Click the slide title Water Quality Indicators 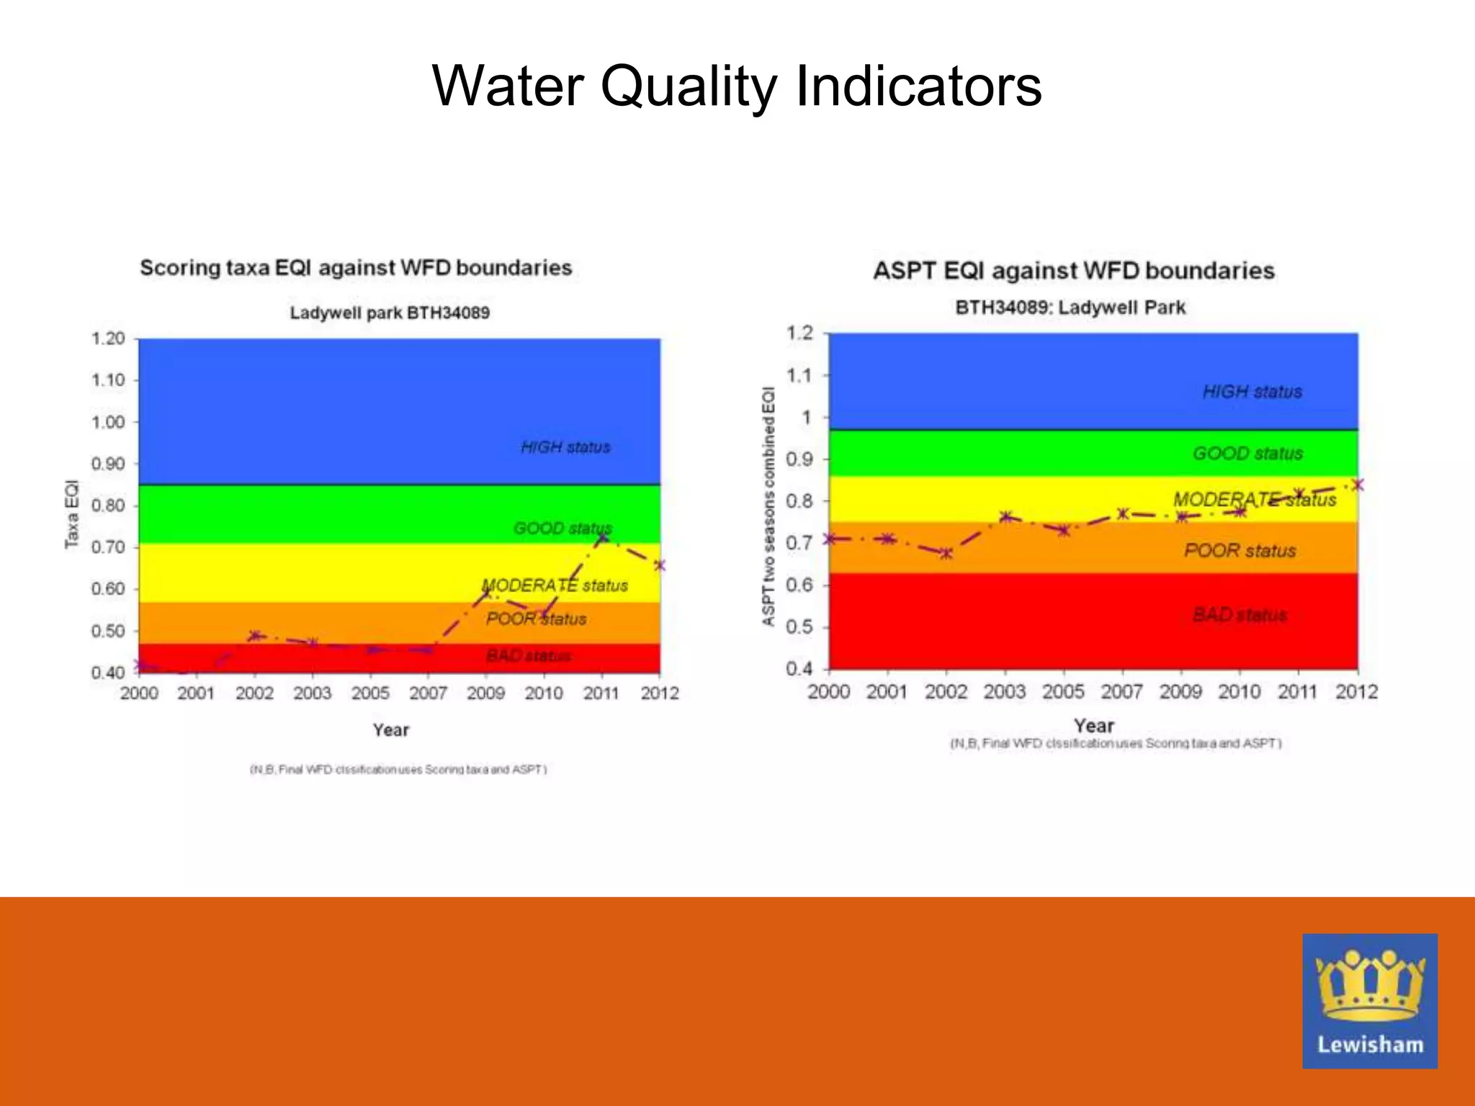(x=737, y=86)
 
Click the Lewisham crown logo (x=1369, y=1001)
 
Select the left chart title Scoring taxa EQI (x=356, y=268)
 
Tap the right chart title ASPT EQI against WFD (x=1073, y=271)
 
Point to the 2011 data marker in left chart (x=603, y=538)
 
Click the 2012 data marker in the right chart (x=1358, y=485)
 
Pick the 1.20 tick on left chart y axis (x=108, y=338)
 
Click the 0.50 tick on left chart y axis (x=108, y=631)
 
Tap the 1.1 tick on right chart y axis (x=799, y=375)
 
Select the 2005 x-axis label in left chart (x=370, y=693)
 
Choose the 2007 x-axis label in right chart (x=1121, y=691)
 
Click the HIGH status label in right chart (x=1252, y=392)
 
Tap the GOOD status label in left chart (x=562, y=529)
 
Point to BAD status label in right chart (x=1239, y=614)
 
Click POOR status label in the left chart (x=536, y=619)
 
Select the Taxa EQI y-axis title (x=71, y=513)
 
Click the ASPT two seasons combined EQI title (x=768, y=506)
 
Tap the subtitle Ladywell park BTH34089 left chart (x=390, y=313)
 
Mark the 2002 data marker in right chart (x=946, y=553)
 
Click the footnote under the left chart (x=398, y=770)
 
